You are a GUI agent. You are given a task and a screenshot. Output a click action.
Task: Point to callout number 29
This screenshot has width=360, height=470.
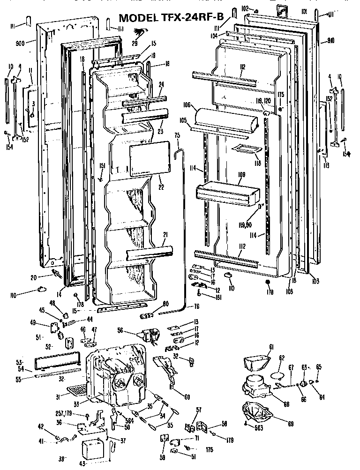(135, 44)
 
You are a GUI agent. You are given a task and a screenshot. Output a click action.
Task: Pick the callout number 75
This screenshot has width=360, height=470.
(177, 135)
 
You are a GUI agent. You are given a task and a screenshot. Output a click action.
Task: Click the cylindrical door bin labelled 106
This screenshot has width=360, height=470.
(227, 120)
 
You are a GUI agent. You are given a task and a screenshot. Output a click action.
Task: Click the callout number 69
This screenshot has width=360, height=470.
(291, 424)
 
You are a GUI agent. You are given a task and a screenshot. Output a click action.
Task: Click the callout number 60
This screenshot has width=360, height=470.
(187, 397)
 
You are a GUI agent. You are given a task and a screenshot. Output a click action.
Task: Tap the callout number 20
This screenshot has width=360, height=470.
(33, 277)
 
